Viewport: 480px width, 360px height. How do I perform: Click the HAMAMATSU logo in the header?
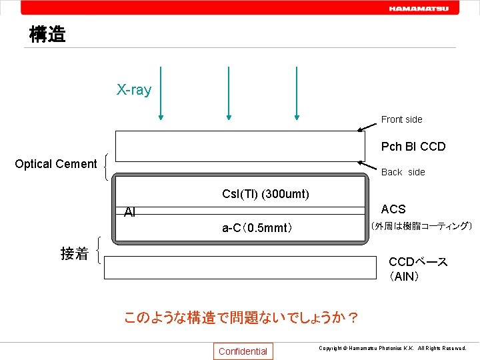pos(419,9)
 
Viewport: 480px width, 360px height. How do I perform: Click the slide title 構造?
pos(47,35)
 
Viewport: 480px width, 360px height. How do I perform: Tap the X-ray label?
pos(134,90)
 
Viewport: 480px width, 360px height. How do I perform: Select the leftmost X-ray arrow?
pos(161,93)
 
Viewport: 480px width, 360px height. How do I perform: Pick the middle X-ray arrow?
pos(228,93)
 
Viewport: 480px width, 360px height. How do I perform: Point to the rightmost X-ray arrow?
pos(296,93)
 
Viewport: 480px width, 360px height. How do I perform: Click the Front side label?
pos(401,119)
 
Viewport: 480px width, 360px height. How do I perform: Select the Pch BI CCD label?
pos(413,147)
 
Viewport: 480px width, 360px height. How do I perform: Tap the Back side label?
pos(403,172)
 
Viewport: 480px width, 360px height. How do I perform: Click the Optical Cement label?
pos(56,164)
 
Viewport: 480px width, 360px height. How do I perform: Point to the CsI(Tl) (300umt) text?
pos(265,195)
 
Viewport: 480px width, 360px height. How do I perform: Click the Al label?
pos(130,213)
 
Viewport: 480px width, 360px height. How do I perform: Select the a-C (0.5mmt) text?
pos(257,228)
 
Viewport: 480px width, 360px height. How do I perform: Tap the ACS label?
pos(393,209)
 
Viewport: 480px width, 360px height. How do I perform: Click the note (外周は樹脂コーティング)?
pos(421,226)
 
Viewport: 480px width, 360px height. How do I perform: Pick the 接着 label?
pos(74,253)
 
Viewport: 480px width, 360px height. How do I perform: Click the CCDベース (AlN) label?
pos(418,269)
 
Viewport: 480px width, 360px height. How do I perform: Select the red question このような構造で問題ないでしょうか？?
pos(241,317)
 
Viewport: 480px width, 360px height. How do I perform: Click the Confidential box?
pos(243,351)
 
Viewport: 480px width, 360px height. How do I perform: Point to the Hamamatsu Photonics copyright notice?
pos(392,349)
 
